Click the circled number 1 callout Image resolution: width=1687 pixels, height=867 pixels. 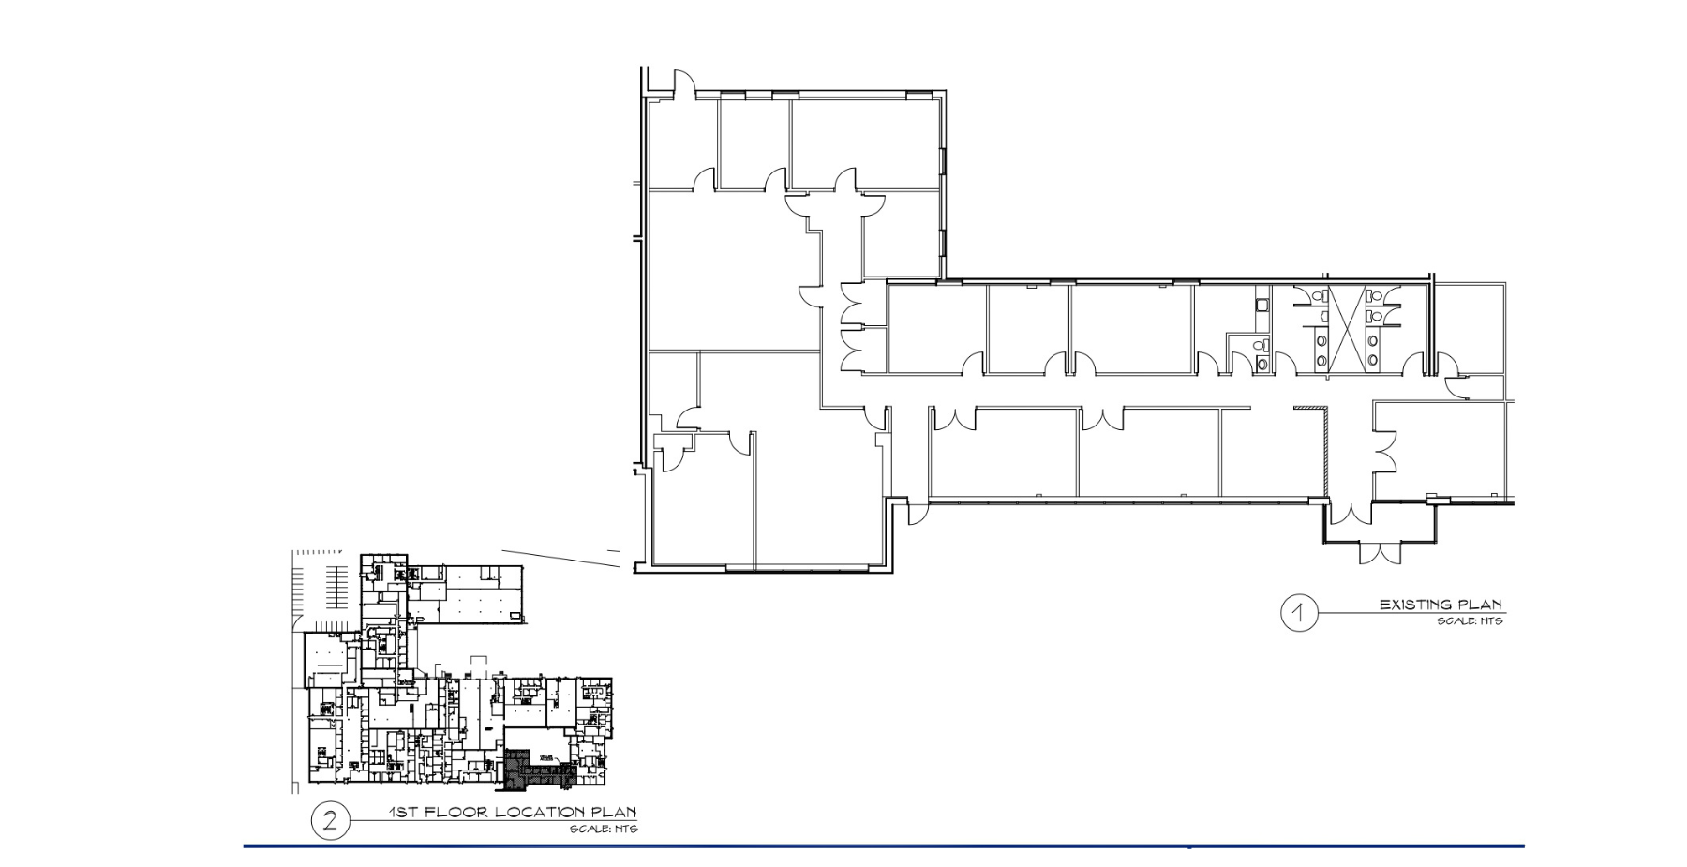click(1299, 614)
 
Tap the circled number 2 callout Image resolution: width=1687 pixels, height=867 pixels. click(330, 821)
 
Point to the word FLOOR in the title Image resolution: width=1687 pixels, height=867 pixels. click(456, 812)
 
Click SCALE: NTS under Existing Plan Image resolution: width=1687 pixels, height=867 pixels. click(1470, 620)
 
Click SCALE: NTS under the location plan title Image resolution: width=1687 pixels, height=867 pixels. click(604, 829)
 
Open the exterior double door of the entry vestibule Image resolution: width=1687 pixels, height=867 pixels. click(1380, 552)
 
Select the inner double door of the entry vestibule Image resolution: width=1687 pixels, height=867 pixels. click(1350, 513)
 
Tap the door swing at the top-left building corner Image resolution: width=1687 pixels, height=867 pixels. click(681, 84)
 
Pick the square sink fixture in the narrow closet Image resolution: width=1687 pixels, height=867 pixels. click(1261, 304)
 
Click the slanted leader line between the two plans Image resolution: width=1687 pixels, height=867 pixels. click(560, 559)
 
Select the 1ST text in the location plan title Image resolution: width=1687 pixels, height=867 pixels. click(404, 812)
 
